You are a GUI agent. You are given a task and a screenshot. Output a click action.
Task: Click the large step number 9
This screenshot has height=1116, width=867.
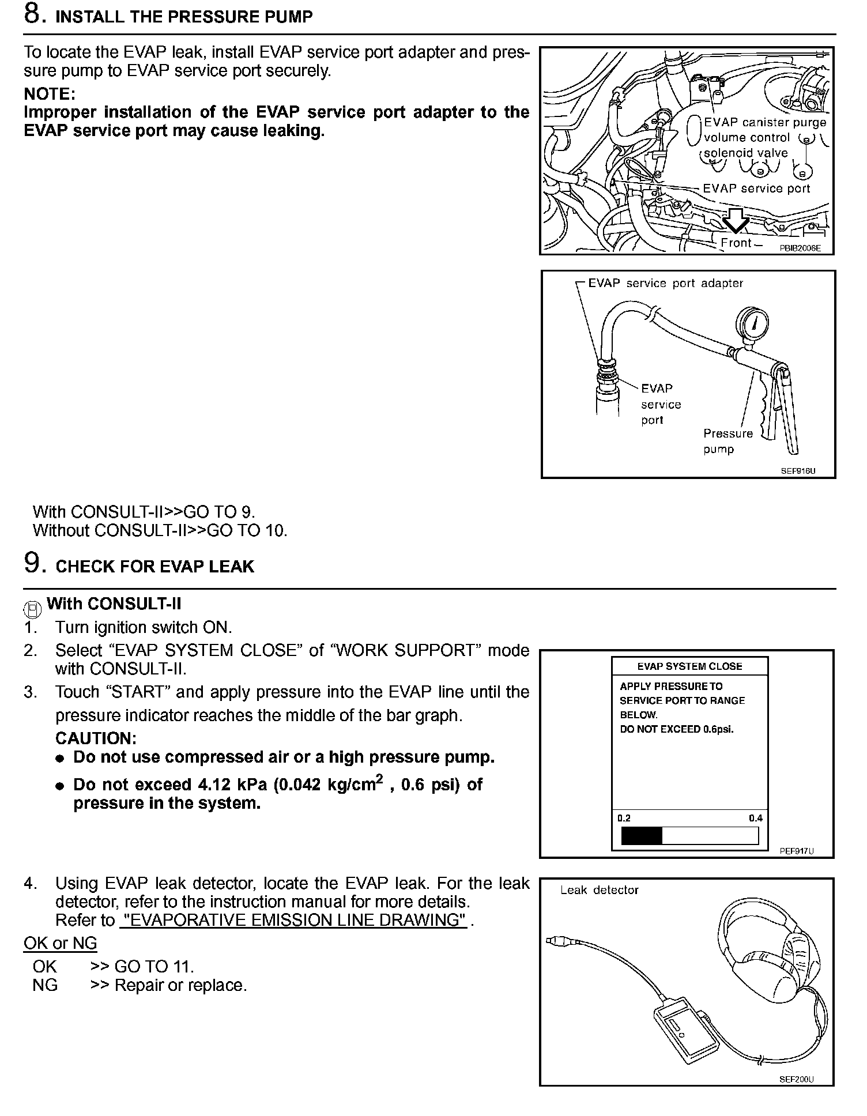tap(32, 563)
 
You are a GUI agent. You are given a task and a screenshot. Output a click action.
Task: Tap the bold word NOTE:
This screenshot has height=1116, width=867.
tap(50, 93)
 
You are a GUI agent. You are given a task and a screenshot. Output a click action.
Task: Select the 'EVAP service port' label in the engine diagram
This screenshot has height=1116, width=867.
tap(756, 188)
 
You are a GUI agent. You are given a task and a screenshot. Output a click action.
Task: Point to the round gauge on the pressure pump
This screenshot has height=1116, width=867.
tap(752, 325)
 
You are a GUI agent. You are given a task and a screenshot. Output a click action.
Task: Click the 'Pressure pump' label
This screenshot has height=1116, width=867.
tap(727, 441)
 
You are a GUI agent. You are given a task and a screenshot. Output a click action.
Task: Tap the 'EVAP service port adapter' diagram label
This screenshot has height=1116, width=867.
tap(665, 283)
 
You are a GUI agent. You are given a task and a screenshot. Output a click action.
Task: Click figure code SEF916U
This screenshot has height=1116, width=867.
tap(798, 470)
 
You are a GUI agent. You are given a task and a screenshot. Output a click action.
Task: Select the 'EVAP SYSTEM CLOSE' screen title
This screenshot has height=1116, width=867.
tap(689, 666)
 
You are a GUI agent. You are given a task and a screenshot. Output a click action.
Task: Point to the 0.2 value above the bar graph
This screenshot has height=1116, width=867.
tap(624, 818)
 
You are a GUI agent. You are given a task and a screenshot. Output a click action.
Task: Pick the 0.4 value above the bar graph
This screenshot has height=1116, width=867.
tap(755, 818)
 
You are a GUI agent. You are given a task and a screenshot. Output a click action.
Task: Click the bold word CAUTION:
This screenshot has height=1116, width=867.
tap(96, 738)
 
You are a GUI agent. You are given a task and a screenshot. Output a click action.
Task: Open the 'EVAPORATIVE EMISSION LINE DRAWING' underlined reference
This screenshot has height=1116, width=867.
tap(293, 920)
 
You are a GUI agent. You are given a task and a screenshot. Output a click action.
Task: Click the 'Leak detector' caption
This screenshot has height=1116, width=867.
tap(600, 890)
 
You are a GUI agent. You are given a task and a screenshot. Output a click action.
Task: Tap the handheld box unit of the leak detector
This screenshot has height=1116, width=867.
tap(687, 1030)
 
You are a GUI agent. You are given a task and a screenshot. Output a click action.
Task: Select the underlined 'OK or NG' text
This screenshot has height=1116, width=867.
tap(60, 943)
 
